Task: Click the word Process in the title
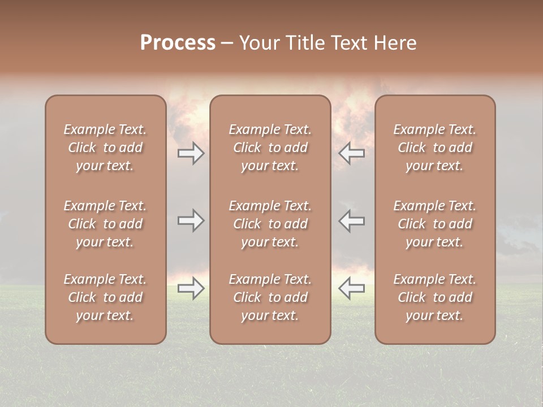click(178, 43)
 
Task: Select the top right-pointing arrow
click(191, 153)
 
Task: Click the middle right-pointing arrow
click(191, 220)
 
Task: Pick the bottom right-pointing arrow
click(191, 288)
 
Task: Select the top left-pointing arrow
click(351, 153)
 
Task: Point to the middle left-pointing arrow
click(351, 220)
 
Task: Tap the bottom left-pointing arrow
click(351, 288)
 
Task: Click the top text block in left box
click(105, 148)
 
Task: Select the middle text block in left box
click(105, 224)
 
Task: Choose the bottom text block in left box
click(105, 297)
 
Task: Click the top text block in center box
click(270, 148)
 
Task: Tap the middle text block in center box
click(270, 224)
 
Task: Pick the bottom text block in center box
click(270, 297)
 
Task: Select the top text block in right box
click(435, 148)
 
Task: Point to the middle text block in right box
click(435, 224)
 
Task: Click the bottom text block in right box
click(435, 297)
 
